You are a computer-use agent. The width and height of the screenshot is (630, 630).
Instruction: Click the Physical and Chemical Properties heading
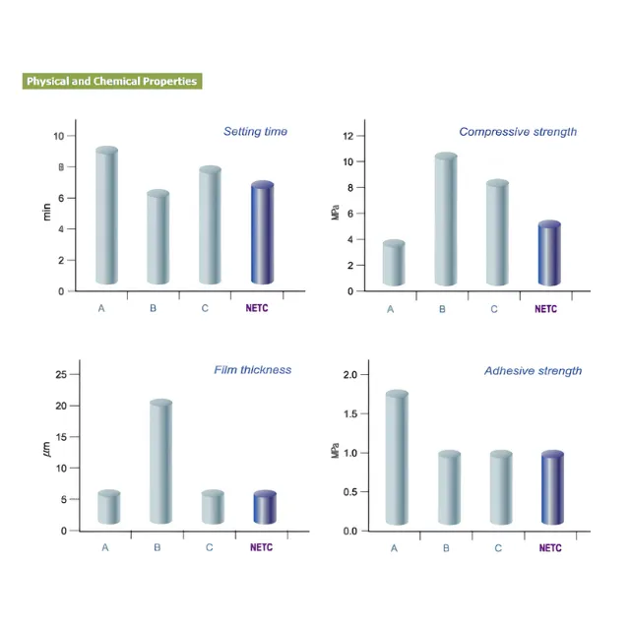pos(111,81)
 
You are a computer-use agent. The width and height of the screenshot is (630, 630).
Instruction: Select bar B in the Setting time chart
pos(158,238)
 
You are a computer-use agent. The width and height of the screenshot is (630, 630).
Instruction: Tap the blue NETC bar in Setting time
pos(261,234)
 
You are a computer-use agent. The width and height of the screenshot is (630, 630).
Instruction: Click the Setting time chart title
pos(255,131)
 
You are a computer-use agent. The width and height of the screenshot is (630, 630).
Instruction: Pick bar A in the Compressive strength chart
pos(394,264)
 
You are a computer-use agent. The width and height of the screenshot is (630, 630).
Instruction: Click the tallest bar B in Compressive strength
pos(446,220)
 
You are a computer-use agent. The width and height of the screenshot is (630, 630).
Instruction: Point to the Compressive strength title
pos(518,131)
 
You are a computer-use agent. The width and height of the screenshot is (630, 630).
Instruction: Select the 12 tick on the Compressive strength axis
pos(346,136)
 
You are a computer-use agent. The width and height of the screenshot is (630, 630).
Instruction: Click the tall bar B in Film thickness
pos(160,462)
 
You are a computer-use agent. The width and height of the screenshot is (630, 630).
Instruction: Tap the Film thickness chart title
pos(252,370)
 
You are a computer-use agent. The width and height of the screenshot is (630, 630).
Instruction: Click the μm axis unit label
pos(46,450)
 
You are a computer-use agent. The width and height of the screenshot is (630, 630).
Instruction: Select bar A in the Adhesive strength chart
pos(397,458)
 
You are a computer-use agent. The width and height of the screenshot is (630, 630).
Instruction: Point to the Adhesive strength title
pos(533,371)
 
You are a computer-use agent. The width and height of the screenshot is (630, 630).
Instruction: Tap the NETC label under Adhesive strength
pos(551,547)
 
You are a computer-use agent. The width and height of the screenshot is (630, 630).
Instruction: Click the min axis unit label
pos(46,210)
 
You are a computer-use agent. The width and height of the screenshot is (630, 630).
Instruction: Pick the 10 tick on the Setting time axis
pos(58,136)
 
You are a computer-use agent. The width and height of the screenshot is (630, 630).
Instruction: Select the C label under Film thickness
pos(210,547)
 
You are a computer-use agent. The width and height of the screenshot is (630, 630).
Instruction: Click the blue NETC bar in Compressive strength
pos(548,254)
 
